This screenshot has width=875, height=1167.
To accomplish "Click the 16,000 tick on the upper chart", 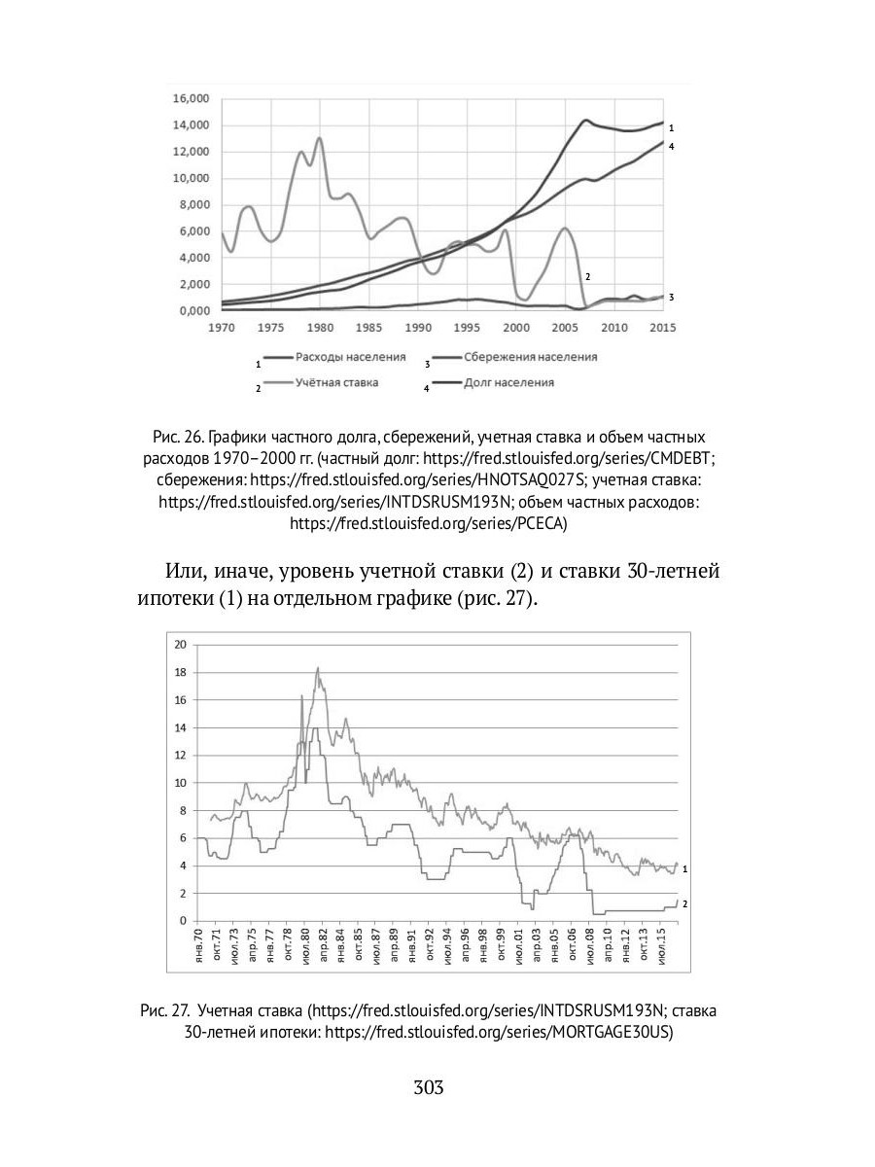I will coord(190,99).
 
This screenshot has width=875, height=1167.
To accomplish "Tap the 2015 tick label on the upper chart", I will coord(662,328).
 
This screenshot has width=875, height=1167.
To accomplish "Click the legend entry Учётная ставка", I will coord(336,383).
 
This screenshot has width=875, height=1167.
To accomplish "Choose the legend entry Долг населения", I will coord(508,383).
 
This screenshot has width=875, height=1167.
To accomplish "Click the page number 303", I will coord(428,1087).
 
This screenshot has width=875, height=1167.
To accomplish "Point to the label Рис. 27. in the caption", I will coord(165,1011).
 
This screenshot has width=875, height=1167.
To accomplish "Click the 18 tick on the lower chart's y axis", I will coord(178,672).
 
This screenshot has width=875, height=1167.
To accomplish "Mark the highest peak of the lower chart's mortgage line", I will coord(318,668).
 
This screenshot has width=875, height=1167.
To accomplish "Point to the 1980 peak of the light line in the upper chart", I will coord(319,139).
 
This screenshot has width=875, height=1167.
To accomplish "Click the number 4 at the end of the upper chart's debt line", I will coord(671,146).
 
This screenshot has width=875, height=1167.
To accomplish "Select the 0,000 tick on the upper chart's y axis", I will coord(192,311).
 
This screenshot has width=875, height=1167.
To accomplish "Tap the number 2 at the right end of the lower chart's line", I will coord(685,903).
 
